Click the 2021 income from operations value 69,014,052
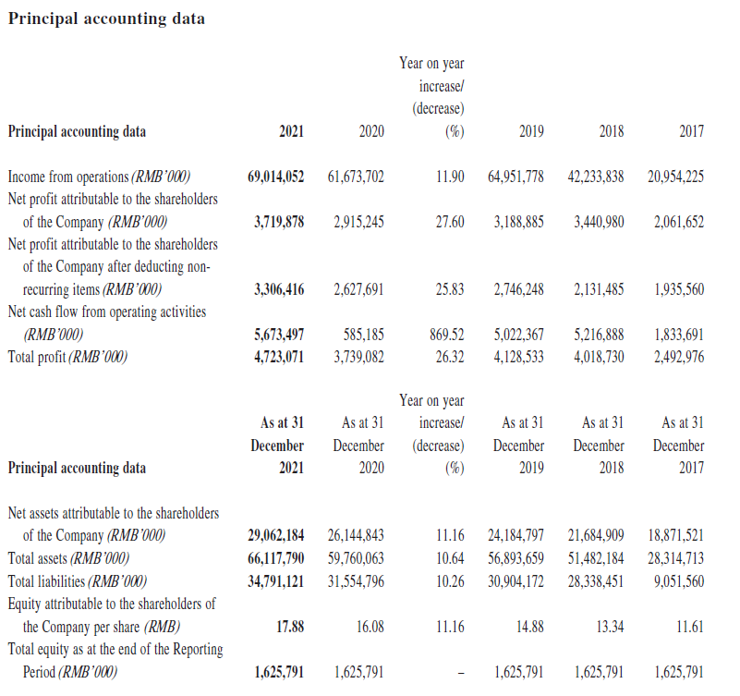(x=275, y=177)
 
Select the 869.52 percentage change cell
(x=446, y=335)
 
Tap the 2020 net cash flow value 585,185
(x=363, y=335)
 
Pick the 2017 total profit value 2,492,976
(x=679, y=357)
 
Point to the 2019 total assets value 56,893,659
(x=516, y=558)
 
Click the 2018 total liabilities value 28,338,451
(x=596, y=581)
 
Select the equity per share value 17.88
(x=290, y=627)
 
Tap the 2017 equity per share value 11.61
(x=690, y=627)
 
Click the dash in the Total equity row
(x=460, y=672)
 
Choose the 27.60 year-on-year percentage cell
(x=450, y=222)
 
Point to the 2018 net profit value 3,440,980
(x=599, y=222)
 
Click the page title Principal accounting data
(x=106, y=18)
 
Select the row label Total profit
(x=36, y=357)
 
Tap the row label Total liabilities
(x=46, y=581)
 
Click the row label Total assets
(x=38, y=558)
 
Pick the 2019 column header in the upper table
(x=531, y=131)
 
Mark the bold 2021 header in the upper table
(x=291, y=131)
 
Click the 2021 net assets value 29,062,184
(x=275, y=535)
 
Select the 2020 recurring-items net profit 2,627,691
(x=358, y=289)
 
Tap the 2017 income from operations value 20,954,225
(x=676, y=177)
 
